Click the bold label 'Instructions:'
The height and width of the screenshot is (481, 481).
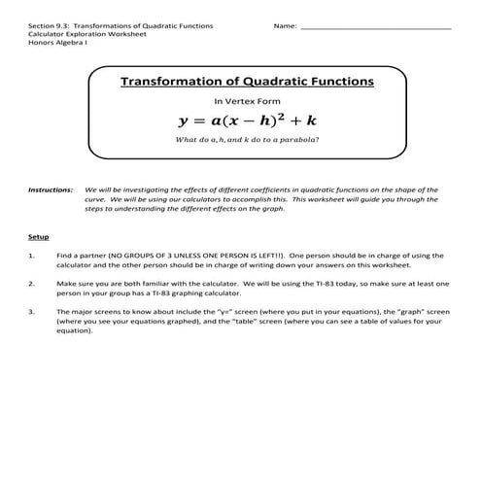coord(51,190)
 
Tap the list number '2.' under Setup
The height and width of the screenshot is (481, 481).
coord(33,285)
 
